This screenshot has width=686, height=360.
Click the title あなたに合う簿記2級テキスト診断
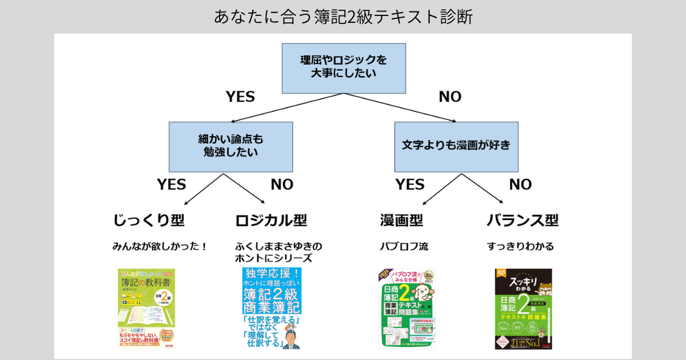pos(343,17)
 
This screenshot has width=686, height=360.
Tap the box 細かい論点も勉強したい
pos(230,146)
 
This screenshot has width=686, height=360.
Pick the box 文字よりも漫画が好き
pos(456,146)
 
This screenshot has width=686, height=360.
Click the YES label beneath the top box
pos(240,97)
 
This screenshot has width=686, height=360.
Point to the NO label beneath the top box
pos(450,97)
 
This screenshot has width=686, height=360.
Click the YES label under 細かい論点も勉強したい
pos(171,185)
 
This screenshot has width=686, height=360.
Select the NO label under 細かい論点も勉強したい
pos(282,185)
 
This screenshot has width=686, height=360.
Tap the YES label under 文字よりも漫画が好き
pos(410,185)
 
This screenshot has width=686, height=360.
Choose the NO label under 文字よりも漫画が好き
pos(520,185)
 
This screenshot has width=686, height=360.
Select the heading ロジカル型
pos(271,220)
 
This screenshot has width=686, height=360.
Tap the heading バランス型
pos(523,220)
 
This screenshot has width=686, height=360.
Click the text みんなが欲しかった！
pos(159,247)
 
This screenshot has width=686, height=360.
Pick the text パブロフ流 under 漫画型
pos(404,247)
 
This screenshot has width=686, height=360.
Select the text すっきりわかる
pos(520,247)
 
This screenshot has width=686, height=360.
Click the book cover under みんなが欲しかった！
pos(146,309)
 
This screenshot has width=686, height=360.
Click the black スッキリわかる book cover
pos(523,309)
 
